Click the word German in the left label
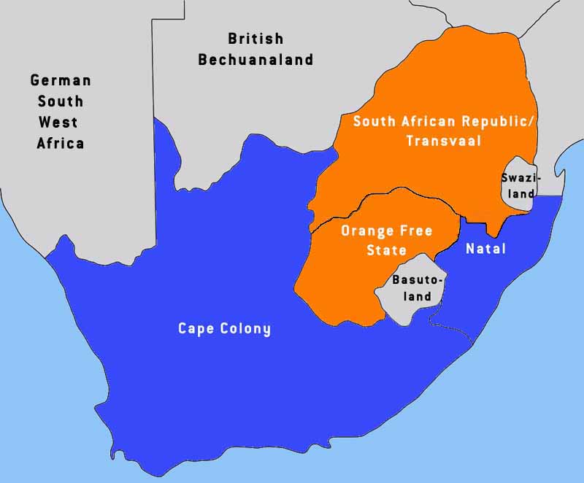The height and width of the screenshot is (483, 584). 61,80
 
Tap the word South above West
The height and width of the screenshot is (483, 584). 61,101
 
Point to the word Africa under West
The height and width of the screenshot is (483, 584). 61,143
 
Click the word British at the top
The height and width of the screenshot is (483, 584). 255,39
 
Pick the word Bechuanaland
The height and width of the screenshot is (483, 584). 255,60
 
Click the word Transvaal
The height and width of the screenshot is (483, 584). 444,142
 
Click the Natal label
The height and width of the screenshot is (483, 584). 486,249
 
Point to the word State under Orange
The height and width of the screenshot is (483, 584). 386,250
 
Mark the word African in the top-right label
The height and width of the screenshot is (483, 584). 428,121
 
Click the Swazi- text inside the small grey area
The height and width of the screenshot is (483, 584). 518,177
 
